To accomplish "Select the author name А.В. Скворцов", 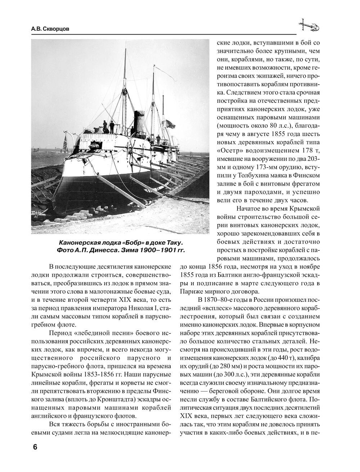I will pos(49,29).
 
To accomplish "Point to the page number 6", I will pos(35,447).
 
